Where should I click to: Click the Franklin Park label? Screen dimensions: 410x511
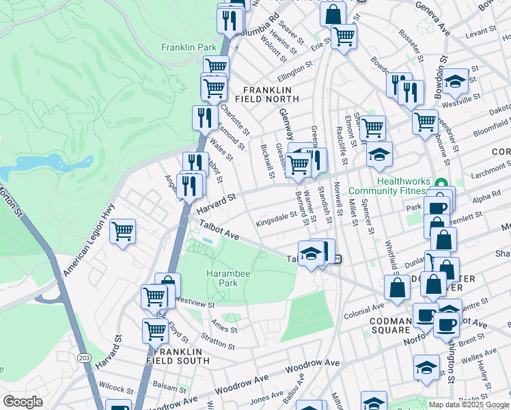[189, 47]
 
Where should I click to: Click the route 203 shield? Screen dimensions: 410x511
[84, 357]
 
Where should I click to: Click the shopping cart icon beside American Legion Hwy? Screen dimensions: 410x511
[122, 231]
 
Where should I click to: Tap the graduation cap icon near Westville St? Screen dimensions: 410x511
[455, 81]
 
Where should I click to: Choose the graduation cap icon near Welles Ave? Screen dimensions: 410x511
[426, 367]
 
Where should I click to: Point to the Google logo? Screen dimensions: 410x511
[23, 402]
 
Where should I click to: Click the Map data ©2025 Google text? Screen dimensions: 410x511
[469, 405]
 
